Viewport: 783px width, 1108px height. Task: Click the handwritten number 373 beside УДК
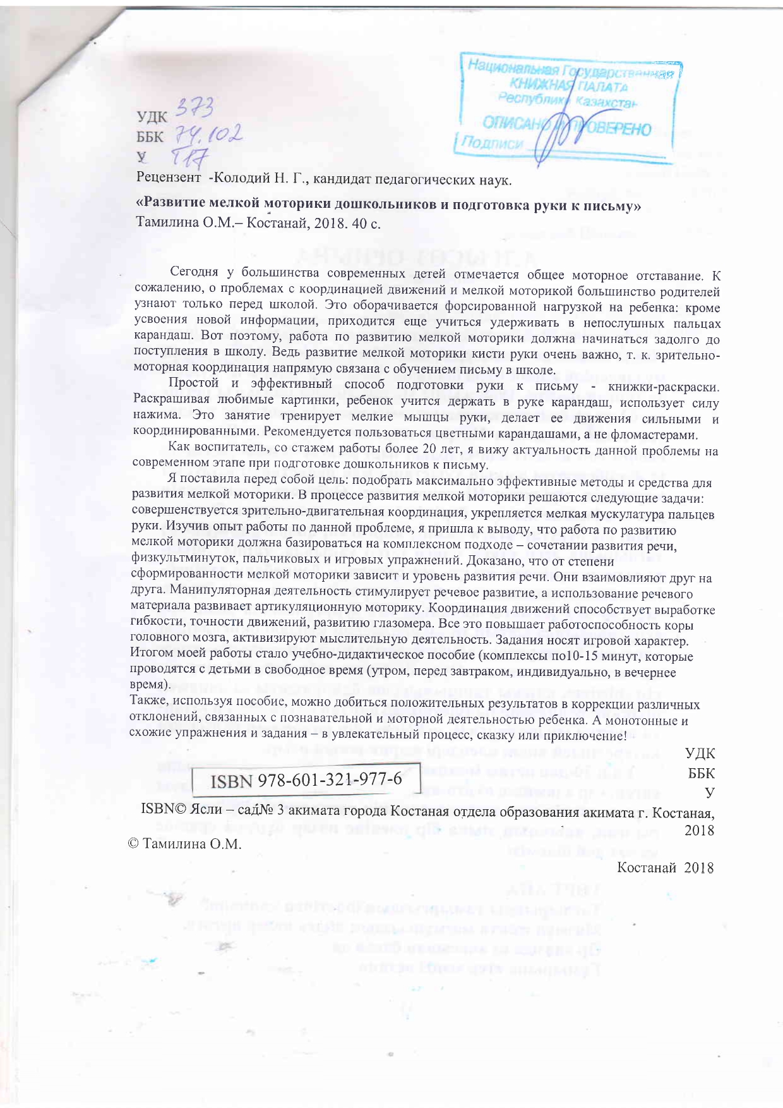point(195,111)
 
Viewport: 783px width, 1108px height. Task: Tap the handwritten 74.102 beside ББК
point(208,134)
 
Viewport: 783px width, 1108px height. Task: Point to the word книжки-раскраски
point(664,386)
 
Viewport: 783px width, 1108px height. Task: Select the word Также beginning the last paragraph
point(148,703)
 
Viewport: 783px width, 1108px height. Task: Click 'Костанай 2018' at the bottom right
point(665,867)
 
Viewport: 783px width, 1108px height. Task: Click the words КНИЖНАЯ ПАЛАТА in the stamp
point(569,85)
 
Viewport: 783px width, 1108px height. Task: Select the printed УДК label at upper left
point(152,117)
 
